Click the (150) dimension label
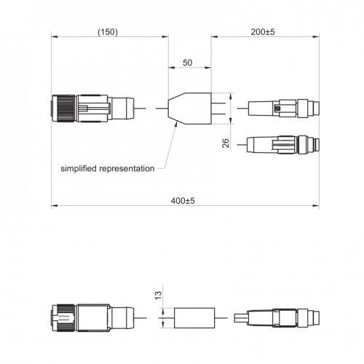coord(108,32)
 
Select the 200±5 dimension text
coord(263,32)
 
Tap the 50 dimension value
coord(187,63)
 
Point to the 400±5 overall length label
coord(183,201)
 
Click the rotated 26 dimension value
coord(226,143)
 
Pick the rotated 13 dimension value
coord(158,296)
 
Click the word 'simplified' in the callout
coord(79,168)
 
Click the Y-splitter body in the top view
coord(190,108)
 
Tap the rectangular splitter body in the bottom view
coord(194,318)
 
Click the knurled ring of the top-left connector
coord(66,108)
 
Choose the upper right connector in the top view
coord(283,108)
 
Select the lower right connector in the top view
coord(283,145)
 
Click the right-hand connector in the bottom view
coord(277,318)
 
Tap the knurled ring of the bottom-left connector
coord(66,318)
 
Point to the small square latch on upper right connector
coord(278,108)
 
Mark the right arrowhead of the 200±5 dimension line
coord(316,36)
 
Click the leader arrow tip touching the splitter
coord(176,123)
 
